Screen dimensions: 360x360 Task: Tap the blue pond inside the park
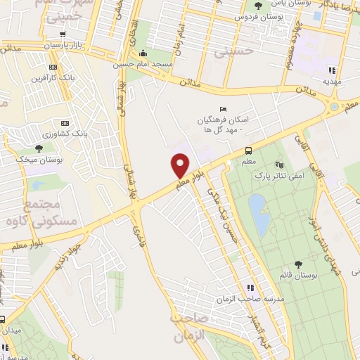259,214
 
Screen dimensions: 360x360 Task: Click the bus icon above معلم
248,150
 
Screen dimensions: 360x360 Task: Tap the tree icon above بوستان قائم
299,264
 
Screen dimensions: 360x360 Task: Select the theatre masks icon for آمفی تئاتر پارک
279,164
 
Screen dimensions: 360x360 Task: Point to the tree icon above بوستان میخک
38,148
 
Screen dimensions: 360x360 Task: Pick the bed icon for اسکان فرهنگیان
223,109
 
